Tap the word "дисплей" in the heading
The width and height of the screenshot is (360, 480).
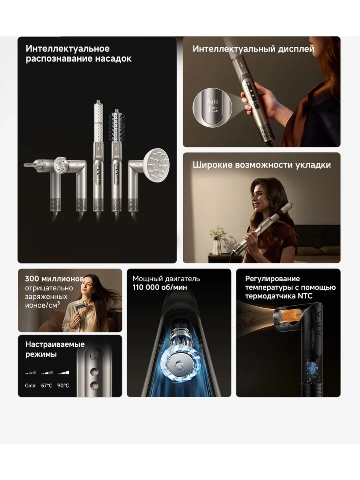coord(296,49)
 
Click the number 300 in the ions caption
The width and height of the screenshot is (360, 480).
coord(32,278)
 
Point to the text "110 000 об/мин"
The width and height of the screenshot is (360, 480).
coord(160,287)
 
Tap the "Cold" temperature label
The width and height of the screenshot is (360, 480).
coord(30,386)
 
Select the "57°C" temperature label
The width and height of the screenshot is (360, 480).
coord(46,386)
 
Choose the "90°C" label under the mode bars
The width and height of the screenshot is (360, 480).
coord(63,386)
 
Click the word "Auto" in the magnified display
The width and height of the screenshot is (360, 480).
coord(212,102)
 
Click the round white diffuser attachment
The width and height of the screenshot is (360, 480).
coord(156,165)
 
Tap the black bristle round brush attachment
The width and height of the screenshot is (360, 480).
coord(117,125)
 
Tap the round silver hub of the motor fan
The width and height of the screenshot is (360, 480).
coord(179,366)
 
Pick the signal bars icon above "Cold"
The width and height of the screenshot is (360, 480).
coord(31,372)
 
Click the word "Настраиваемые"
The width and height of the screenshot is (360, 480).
coord(55,344)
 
